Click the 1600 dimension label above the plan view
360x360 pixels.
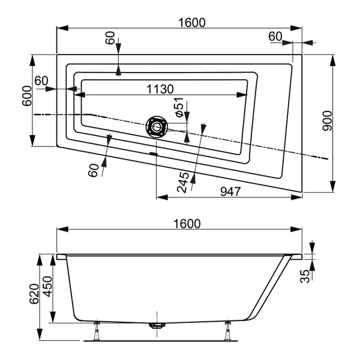[192, 22]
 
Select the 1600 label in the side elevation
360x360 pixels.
[187, 223]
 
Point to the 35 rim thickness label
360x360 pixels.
[306, 276]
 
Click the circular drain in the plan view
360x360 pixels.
[157, 127]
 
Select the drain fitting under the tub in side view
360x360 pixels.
[157, 326]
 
